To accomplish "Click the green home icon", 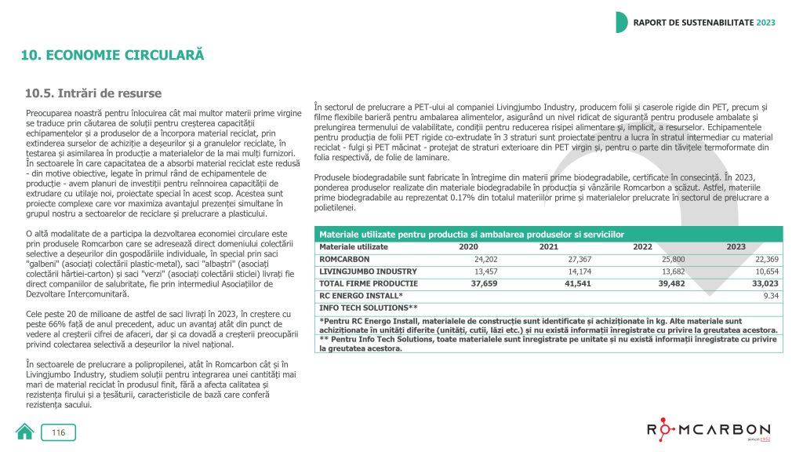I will (x=25, y=432).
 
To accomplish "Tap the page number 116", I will (x=59, y=432).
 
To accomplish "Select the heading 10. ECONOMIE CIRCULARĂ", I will (x=112, y=56).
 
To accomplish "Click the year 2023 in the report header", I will (x=765, y=22).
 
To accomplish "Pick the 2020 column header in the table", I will (x=468, y=246).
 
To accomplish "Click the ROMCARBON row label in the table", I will (x=344, y=259).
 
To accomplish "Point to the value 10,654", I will (x=765, y=271).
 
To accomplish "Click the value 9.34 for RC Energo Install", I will (x=770, y=295).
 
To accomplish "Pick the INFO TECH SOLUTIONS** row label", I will (x=369, y=308).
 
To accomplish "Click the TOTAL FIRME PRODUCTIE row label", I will (x=368, y=283).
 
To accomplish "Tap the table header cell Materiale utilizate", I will (x=354, y=246).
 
